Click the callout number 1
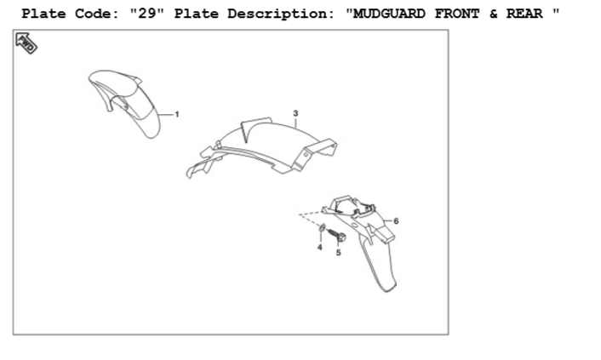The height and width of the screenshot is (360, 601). (177, 113)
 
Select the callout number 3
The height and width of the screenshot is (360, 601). (295, 113)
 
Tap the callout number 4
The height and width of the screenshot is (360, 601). (319, 247)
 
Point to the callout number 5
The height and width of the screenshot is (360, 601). (338, 253)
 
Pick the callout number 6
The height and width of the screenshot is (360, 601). (397, 220)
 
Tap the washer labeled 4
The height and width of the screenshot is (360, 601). (321, 229)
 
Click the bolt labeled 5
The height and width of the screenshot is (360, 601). (334, 234)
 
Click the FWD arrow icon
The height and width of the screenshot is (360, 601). (26, 44)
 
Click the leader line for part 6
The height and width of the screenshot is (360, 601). (387, 220)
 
